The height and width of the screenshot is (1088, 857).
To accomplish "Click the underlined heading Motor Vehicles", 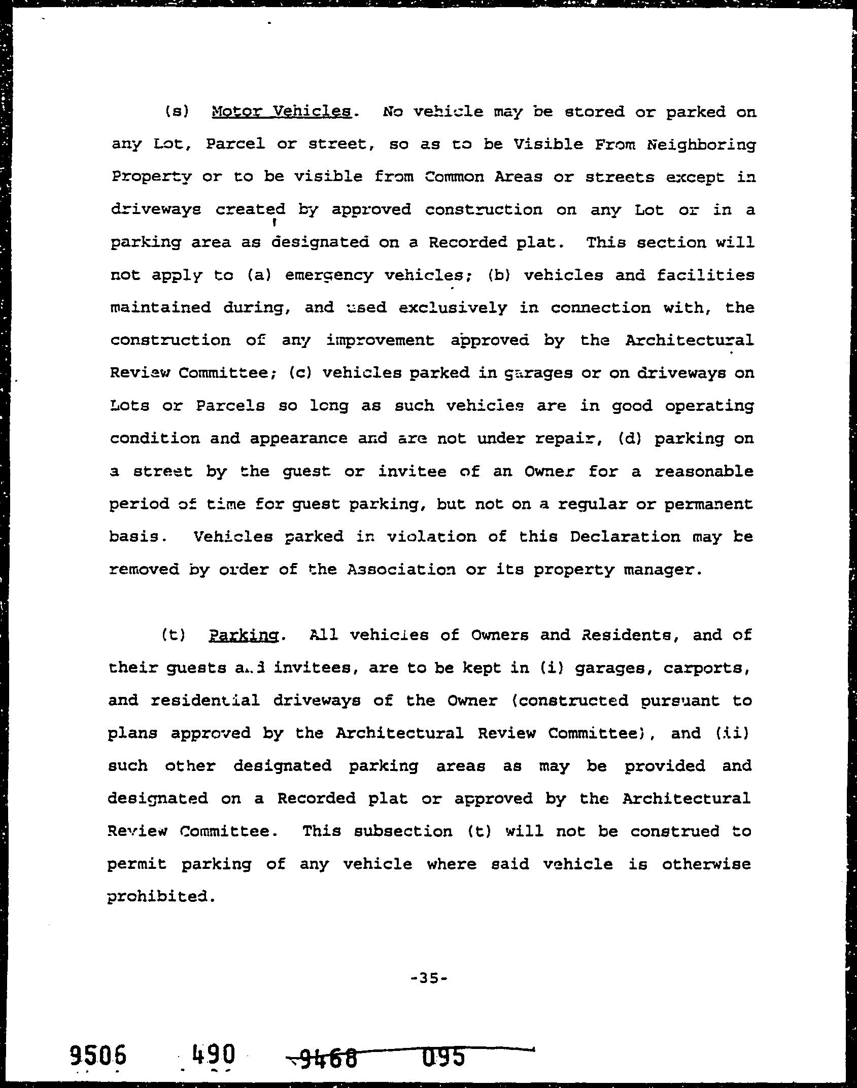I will coord(282,112).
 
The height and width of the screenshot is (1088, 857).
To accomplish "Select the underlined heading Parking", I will coord(244,636).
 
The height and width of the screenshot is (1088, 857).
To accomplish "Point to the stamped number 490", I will coord(213,1055).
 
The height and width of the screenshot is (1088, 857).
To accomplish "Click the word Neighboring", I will coord(701,145).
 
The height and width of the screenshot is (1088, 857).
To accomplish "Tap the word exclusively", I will coord(453,308).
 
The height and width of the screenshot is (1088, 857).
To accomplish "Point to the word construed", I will coord(675,832).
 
